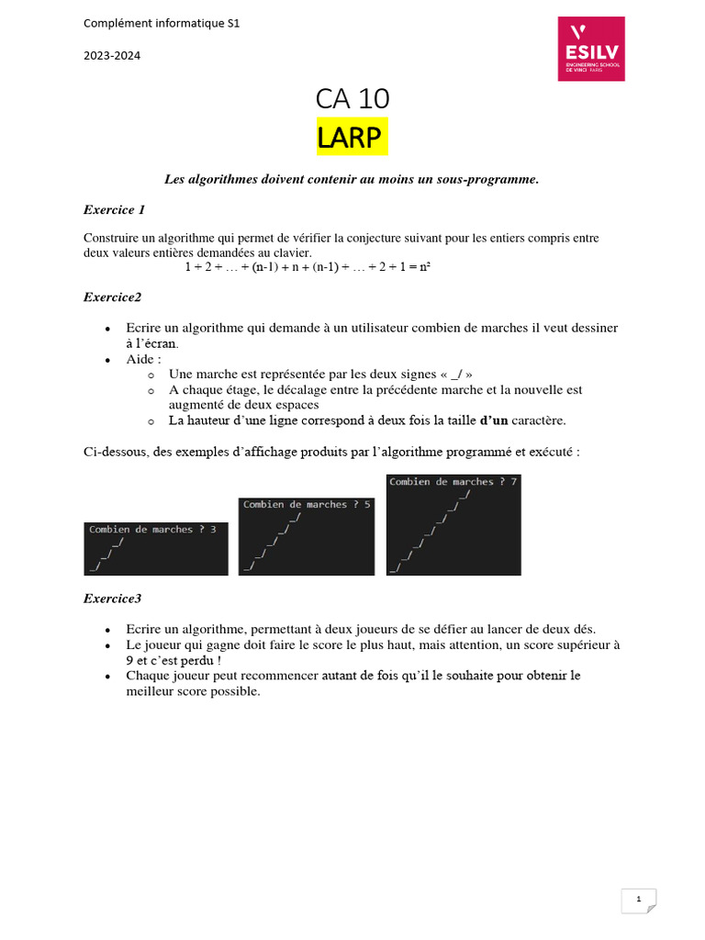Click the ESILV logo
click(x=591, y=48)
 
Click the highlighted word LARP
click(x=352, y=137)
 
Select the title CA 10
click(x=352, y=99)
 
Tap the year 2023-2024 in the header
click(x=111, y=55)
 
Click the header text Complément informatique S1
click(x=162, y=23)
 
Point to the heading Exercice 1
click(x=114, y=210)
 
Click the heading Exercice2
click(x=112, y=297)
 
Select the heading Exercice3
click(x=112, y=599)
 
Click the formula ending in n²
click(x=308, y=267)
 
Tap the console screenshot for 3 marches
click(x=155, y=548)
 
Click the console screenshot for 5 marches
click(x=307, y=536)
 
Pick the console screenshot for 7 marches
click(x=453, y=524)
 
